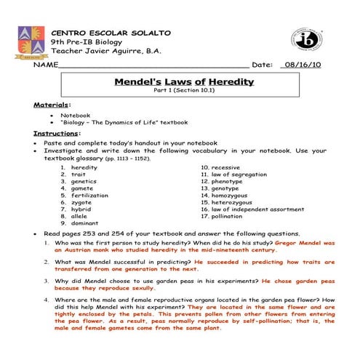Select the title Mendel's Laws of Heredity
pos(184,81)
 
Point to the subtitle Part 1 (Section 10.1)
pos(184,92)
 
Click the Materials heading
pos(52,105)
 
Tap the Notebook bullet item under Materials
pos(75,115)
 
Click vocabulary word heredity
pos(84,167)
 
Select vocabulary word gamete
pos(82,188)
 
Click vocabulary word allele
pos(80,216)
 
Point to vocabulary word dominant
pos(84,223)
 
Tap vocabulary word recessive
pos(225,167)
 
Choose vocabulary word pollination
pos(229,216)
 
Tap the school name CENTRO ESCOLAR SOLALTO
pos(111,33)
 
